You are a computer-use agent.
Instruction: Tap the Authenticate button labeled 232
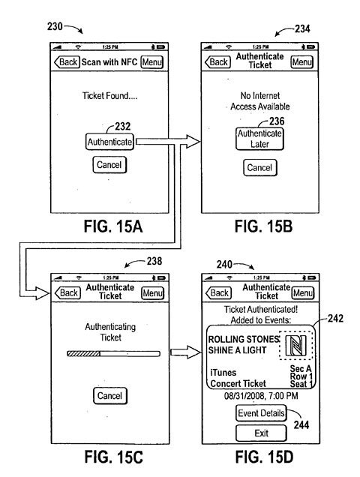click(109, 142)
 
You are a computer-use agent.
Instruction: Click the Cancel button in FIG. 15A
click(109, 165)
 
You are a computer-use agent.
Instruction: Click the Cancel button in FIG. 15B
click(260, 167)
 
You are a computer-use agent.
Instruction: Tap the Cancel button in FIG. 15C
click(109, 396)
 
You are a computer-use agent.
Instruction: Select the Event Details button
click(261, 413)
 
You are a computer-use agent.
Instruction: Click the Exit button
click(261, 433)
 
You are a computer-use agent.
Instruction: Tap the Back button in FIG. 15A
click(67, 62)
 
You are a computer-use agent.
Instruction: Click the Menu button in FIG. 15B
click(302, 62)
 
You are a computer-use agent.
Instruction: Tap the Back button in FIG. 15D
click(218, 293)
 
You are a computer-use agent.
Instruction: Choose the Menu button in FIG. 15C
click(153, 293)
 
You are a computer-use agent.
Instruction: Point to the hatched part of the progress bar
click(84, 354)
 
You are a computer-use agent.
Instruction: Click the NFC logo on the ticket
click(295, 345)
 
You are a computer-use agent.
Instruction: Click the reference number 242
click(335, 319)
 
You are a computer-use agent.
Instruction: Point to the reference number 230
click(55, 26)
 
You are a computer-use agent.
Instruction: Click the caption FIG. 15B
click(263, 227)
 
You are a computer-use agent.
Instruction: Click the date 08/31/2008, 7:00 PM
click(261, 396)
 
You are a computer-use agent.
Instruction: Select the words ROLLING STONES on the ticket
click(244, 339)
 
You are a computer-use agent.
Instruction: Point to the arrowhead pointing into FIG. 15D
click(195, 352)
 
